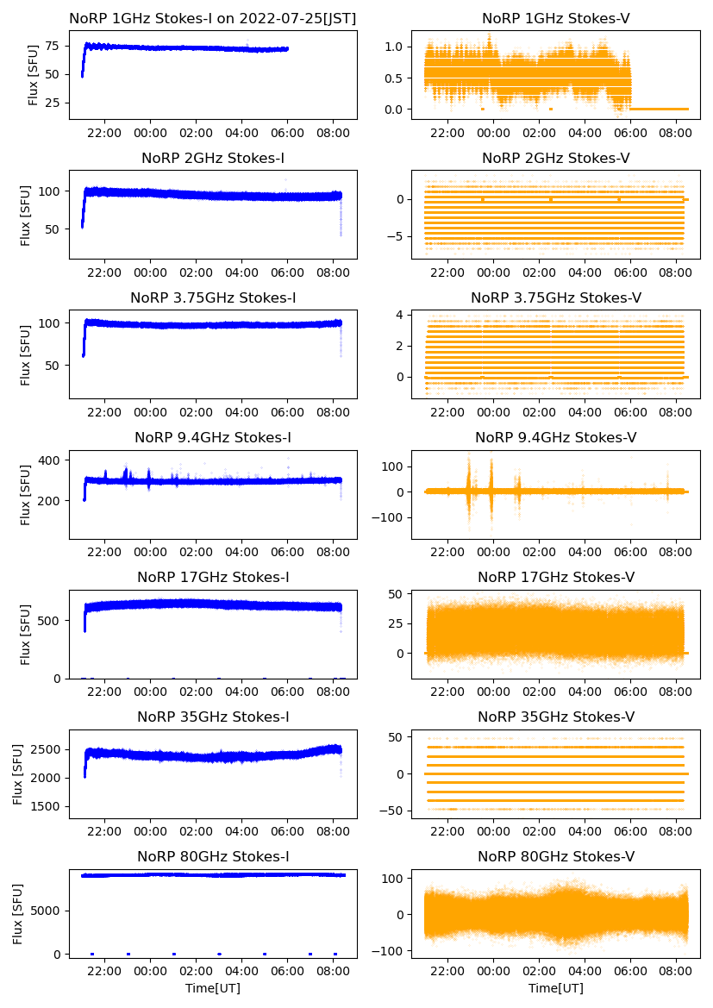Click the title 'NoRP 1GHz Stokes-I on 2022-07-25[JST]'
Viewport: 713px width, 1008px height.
[x=213, y=18]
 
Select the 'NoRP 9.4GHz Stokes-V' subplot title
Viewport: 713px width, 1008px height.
[x=556, y=438]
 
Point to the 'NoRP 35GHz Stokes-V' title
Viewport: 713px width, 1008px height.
[x=556, y=717]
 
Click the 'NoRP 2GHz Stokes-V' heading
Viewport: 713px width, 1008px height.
[x=556, y=159]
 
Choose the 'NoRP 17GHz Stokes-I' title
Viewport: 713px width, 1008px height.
[x=213, y=578]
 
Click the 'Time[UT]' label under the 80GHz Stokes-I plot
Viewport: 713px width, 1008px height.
[x=213, y=988]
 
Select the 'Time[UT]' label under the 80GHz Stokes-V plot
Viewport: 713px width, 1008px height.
[x=556, y=988]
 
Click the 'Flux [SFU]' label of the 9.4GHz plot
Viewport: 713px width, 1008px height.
[x=27, y=495]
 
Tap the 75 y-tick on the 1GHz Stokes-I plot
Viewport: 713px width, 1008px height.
[x=53, y=46]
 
